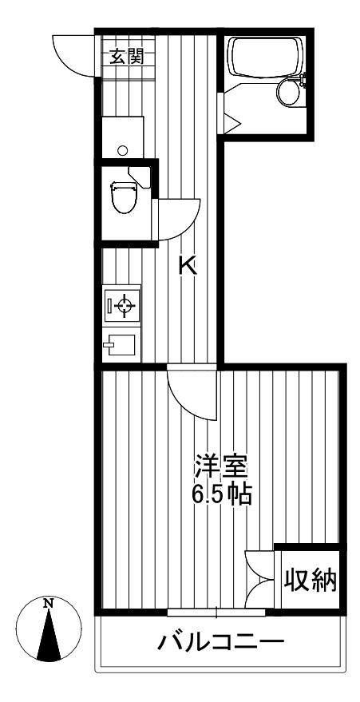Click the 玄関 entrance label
pyautogui.click(x=127, y=57)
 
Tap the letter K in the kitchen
pyautogui.click(x=188, y=267)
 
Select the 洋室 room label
pyautogui.click(x=220, y=468)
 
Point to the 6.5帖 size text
pyautogui.click(x=220, y=494)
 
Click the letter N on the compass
pyautogui.click(x=49, y=604)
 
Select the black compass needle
pyautogui.click(x=49, y=635)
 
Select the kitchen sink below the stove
pyautogui.click(x=119, y=345)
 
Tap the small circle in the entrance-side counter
pyautogui.click(x=124, y=150)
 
